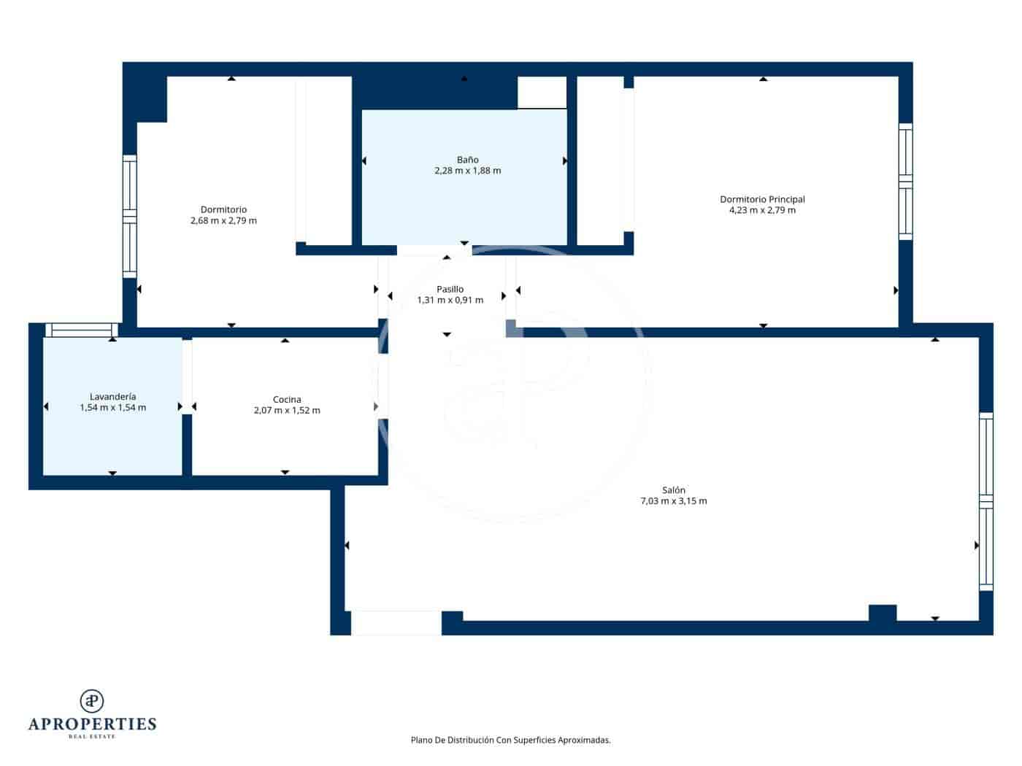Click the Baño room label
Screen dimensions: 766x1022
(467, 160)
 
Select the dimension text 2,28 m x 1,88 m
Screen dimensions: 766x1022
(467, 171)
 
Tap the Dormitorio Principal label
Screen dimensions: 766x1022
(762, 199)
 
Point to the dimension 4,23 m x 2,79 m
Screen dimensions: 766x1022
(762, 210)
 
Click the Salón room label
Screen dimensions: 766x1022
(673, 490)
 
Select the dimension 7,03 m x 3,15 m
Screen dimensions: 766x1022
(673, 501)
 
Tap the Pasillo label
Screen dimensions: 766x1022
(450, 289)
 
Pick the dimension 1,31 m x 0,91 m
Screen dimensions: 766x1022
(450, 300)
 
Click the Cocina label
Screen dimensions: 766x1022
(287, 399)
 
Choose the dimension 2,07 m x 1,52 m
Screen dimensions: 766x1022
(287, 410)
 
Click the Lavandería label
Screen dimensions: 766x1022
(112, 397)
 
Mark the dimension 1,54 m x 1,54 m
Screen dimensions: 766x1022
(112, 408)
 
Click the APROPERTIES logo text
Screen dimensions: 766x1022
(92, 724)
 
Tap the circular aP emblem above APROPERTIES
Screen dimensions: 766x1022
(92, 700)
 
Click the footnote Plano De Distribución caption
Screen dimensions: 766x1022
(510, 740)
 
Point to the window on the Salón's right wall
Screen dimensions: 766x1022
(985, 501)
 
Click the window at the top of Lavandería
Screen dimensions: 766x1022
(80, 330)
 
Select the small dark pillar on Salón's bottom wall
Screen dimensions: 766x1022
(882, 613)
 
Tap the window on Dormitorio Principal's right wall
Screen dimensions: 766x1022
(905, 182)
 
